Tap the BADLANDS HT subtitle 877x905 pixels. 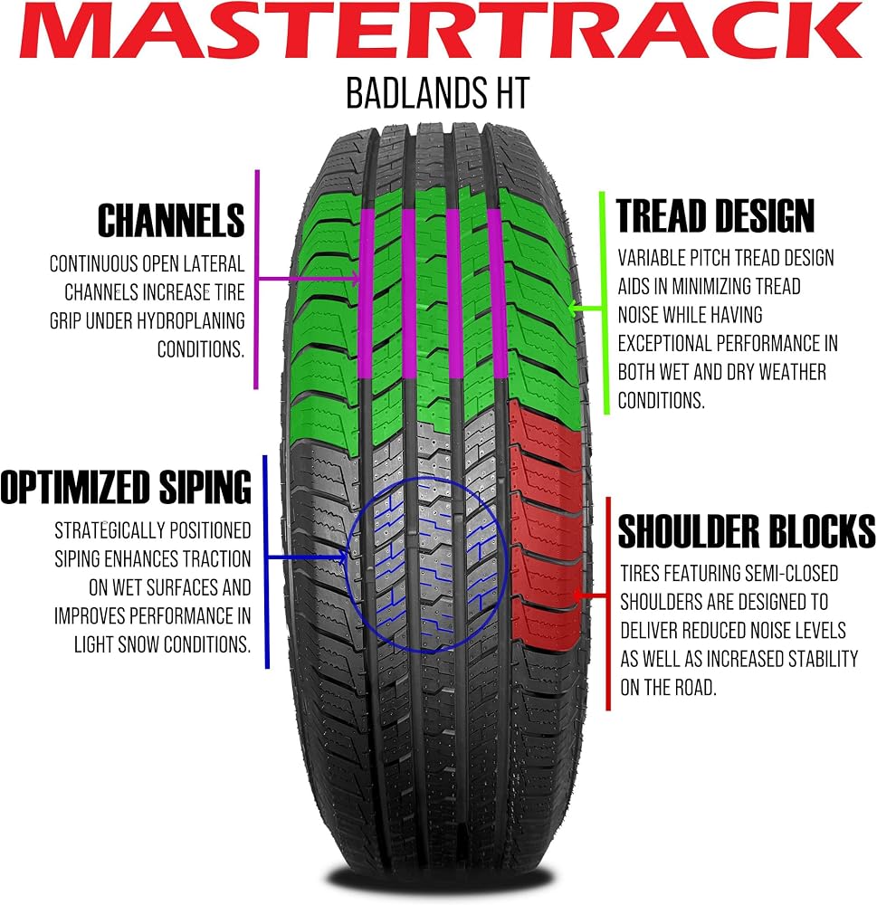(438, 93)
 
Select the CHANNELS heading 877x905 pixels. (171, 221)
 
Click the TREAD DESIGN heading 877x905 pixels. (715, 216)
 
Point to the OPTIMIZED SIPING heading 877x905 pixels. (126, 488)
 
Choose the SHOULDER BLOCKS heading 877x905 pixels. (747, 531)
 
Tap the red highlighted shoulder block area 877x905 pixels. (545, 524)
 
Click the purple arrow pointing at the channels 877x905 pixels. (309, 280)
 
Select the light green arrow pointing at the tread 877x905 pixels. (585, 309)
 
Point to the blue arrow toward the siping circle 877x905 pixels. (307, 557)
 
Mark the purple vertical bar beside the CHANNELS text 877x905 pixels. (257, 280)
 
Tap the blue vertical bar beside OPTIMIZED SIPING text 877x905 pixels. (266, 562)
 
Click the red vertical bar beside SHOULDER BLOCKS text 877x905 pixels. (608, 604)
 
